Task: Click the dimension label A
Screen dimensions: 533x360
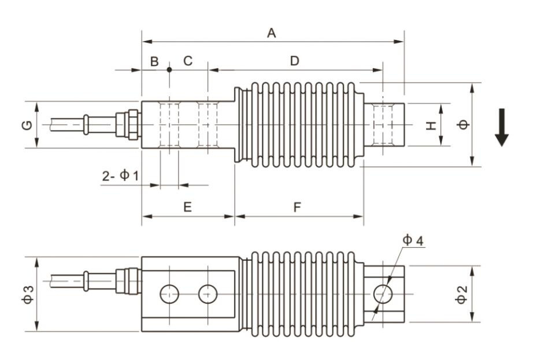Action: (271, 33)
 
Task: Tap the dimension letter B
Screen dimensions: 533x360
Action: (154, 61)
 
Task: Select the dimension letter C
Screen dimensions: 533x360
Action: (188, 61)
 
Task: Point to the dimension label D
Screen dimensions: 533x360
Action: (295, 61)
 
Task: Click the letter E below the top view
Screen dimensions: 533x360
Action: (188, 206)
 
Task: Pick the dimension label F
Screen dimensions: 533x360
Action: (298, 206)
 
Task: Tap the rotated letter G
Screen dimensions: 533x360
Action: (27, 125)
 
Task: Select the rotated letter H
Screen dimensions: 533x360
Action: (431, 125)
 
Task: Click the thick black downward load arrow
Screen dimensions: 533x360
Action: (502, 127)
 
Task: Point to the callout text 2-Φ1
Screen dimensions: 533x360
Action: (120, 176)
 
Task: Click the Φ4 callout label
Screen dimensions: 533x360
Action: (413, 240)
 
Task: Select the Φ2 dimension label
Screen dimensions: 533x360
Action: (461, 295)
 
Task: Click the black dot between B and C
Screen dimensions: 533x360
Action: (169, 69)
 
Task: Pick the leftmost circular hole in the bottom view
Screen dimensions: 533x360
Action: (169, 294)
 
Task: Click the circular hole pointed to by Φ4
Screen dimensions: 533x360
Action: (383, 294)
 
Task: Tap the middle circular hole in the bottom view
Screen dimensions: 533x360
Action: (208, 294)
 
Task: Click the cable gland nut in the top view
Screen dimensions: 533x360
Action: (133, 125)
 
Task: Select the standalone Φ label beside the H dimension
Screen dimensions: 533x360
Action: (463, 124)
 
